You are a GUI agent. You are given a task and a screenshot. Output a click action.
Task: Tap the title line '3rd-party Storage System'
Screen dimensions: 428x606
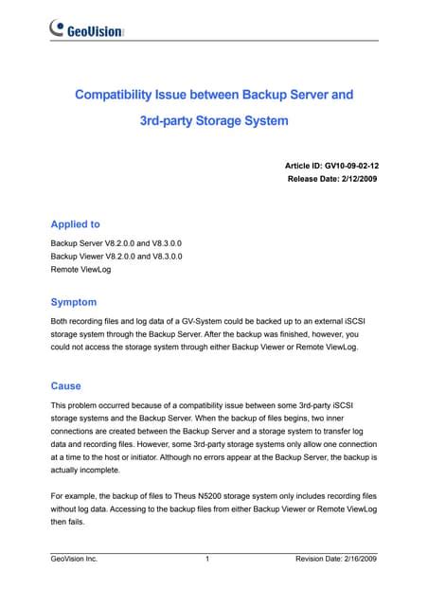[213, 121]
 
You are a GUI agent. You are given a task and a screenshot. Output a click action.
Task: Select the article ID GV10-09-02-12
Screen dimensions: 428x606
[350, 165]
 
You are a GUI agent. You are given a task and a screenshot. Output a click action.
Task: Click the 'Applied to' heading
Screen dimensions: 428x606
[75, 225]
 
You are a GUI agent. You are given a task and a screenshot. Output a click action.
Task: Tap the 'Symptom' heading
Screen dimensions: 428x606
[73, 302]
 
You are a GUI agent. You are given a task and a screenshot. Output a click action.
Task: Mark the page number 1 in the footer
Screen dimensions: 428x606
[206, 561]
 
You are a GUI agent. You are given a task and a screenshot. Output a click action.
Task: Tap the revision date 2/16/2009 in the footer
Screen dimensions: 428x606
[357, 561]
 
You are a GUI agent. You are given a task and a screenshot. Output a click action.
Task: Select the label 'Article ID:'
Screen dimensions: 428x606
[306, 165]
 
